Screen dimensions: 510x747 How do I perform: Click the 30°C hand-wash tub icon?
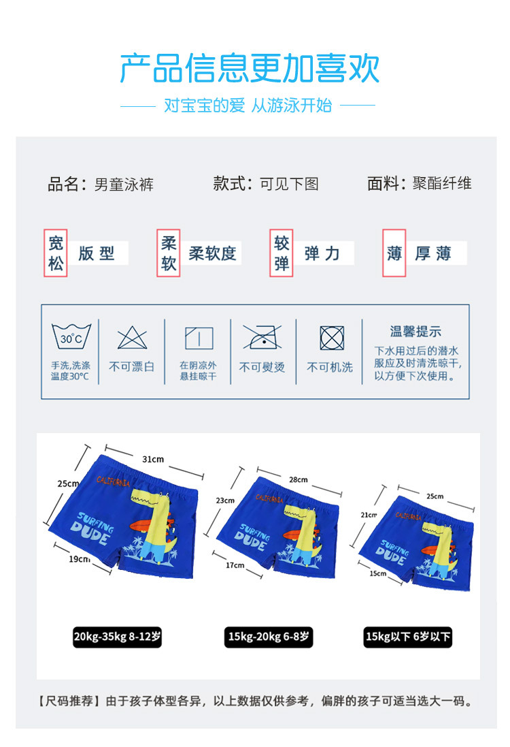[71, 336]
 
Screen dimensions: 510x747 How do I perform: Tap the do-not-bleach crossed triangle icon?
[132, 338]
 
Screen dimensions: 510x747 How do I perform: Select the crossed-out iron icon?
[262, 337]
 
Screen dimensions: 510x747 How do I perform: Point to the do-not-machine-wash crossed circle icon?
[332, 338]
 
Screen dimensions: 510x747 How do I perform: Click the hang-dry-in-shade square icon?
[199, 338]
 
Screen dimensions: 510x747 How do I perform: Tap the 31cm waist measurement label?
[153, 459]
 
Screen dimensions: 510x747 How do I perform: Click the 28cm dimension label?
[299, 480]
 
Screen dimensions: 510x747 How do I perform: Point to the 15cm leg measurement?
[378, 573]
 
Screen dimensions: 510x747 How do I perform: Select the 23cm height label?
[225, 500]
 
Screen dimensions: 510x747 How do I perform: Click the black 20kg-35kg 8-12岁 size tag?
[117, 637]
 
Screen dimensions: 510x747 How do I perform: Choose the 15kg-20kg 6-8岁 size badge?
[269, 637]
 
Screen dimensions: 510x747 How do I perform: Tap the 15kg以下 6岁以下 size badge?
[408, 637]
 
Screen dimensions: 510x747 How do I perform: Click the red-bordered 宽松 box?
[56, 253]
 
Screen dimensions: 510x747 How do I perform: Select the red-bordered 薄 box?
[394, 253]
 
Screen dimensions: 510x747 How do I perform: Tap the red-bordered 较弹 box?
[282, 253]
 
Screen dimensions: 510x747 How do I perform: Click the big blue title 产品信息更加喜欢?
[250, 68]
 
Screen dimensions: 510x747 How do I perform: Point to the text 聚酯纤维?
[442, 183]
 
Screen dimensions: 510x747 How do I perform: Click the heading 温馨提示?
[415, 331]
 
